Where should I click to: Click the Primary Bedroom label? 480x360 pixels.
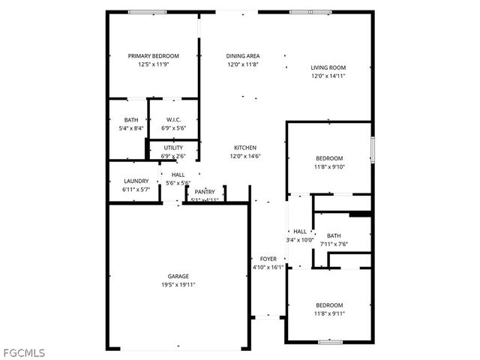(x=153, y=56)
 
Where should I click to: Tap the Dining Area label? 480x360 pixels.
(x=242, y=56)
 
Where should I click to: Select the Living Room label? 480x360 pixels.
(x=328, y=67)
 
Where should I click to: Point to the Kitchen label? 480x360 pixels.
(x=245, y=148)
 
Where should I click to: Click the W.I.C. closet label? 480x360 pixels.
(x=173, y=120)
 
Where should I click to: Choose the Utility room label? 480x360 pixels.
(x=173, y=148)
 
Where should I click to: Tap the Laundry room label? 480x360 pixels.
(x=136, y=181)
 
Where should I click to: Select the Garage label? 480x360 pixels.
(x=178, y=276)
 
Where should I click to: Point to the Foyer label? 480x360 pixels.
(x=268, y=259)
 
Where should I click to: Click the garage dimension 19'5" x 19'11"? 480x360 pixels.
(x=178, y=285)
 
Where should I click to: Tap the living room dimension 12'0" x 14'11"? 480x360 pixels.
(x=328, y=76)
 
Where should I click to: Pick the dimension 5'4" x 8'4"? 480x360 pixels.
(x=131, y=129)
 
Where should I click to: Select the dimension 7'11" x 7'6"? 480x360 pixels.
(x=333, y=244)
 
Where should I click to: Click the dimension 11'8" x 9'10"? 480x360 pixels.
(x=328, y=166)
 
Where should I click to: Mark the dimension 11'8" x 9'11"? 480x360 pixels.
(x=328, y=313)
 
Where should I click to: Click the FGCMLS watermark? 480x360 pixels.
(x=23, y=352)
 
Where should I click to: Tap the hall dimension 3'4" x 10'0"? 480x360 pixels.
(x=300, y=240)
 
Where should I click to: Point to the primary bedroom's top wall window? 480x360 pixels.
(x=147, y=12)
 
